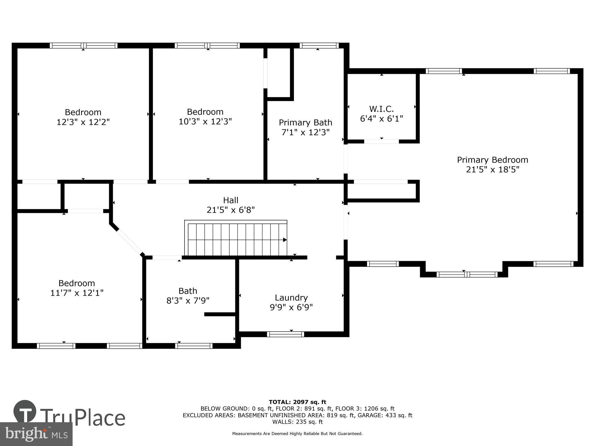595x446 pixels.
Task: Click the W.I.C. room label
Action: coord(381,109)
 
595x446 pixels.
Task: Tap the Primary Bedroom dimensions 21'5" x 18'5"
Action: coord(492,169)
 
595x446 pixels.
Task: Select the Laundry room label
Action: coord(291,298)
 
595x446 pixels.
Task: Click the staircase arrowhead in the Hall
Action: coord(285,240)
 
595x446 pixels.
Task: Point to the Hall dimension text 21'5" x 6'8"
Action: coord(231,210)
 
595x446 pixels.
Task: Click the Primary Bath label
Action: coord(305,123)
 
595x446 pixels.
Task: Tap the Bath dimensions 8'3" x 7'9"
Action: coord(188,300)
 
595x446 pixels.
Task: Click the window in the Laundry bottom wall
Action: coord(285,334)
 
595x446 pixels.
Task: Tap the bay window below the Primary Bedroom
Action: coord(466,274)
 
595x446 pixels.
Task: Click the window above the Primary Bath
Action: coord(319,45)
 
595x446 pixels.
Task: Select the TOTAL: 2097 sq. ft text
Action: coord(297,402)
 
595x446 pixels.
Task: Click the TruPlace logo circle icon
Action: coord(25,412)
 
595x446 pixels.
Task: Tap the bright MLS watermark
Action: coord(36,434)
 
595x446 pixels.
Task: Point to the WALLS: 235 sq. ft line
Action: coord(297,422)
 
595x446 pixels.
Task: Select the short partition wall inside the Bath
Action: coord(220,314)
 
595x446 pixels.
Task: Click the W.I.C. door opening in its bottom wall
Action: coord(381,142)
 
